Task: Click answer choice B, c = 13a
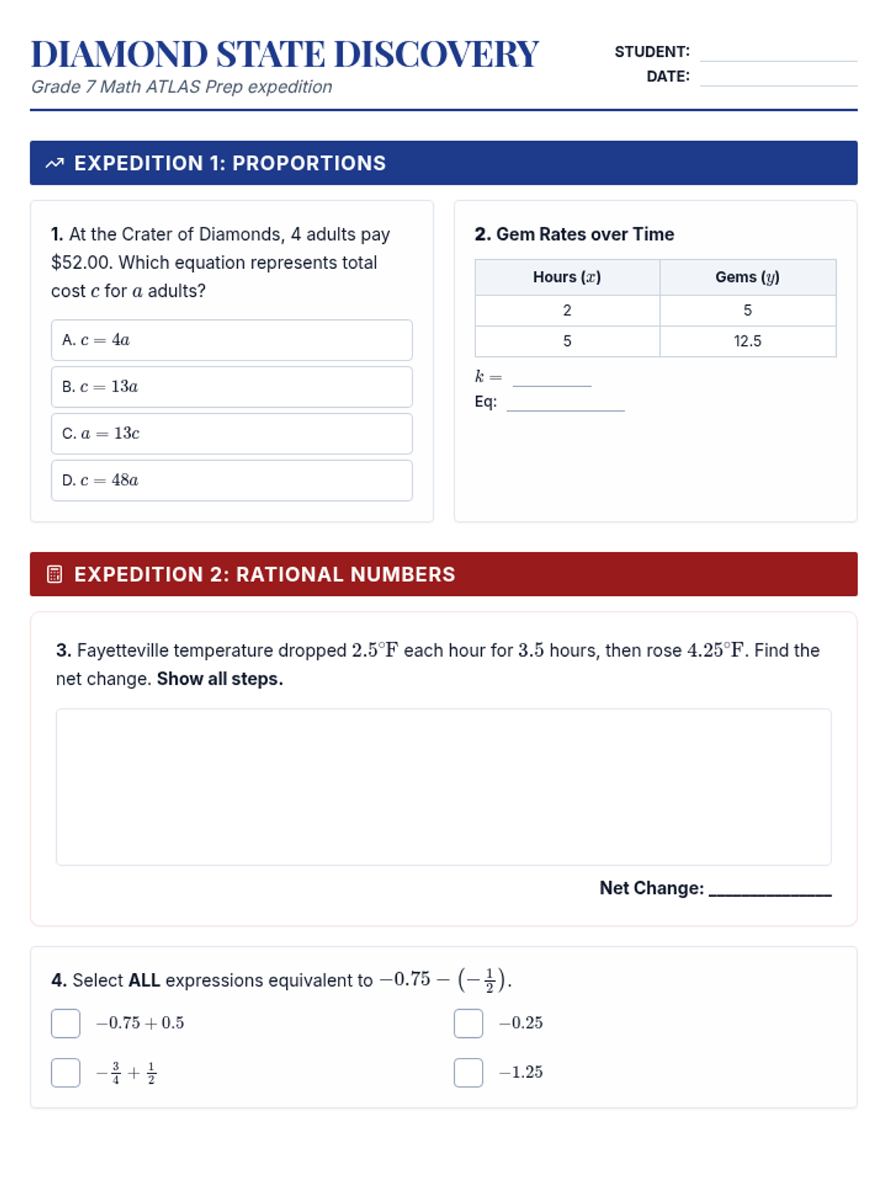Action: [231, 387]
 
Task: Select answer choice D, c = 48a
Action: [231, 481]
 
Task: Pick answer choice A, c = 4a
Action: [231, 341]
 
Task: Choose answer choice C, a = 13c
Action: [231, 434]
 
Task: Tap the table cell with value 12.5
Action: [747, 341]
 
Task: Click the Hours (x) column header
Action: [567, 277]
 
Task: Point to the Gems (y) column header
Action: [747, 277]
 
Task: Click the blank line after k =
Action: [552, 380]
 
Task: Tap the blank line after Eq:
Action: [565, 404]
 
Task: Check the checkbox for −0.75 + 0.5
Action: [66, 1024]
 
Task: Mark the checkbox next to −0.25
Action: [468, 1024]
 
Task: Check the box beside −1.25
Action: [468, 1073]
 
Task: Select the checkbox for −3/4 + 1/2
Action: [66, 1073]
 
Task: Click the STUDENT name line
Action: [778, 54]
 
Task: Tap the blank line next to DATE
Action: [778, 78]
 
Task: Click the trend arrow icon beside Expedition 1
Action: [55, 163]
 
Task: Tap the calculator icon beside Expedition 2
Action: [55, 575]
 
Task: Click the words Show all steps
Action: [220, 679]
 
